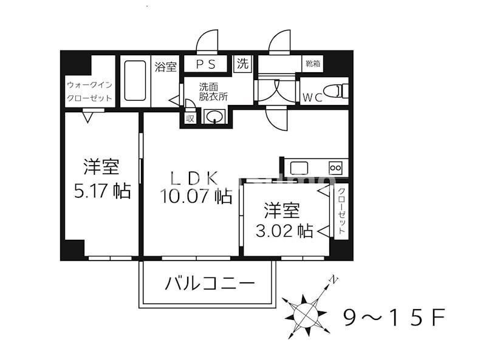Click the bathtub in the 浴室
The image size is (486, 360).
135,81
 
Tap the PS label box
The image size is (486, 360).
204,64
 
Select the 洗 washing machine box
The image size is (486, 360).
242,64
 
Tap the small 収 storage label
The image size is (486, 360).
190,118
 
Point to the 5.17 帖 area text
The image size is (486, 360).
100,191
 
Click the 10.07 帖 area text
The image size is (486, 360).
195,196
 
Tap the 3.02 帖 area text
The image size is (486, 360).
281,230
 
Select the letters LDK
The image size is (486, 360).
194,178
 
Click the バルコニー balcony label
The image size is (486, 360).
208,284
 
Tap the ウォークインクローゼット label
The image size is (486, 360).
89,90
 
